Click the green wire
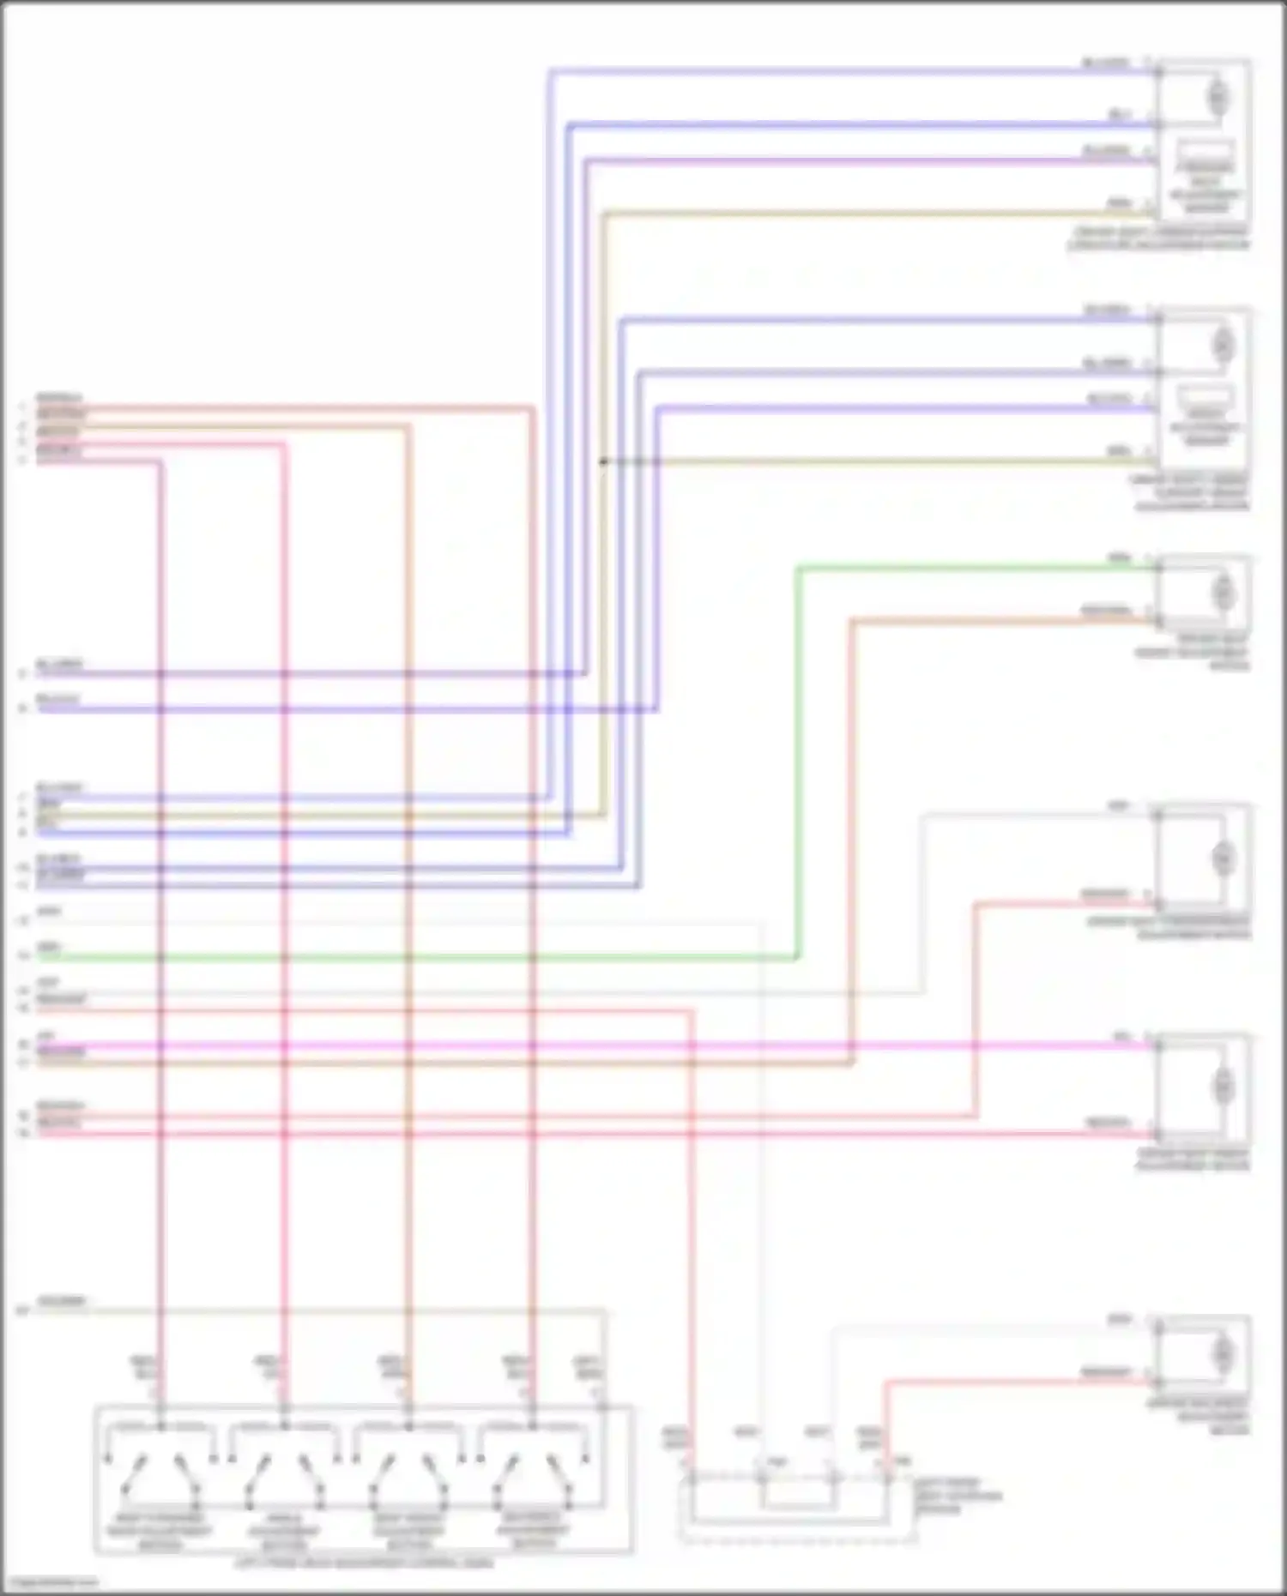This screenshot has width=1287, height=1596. pos(429,957)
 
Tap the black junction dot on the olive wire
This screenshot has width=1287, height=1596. pos(603,461)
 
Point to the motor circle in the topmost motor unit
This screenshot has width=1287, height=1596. pos(1218,97)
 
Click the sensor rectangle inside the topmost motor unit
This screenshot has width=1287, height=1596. pos(1205,151)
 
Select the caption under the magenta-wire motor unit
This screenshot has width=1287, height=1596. pos(1193,1160)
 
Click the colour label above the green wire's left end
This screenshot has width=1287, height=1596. pos(49,947)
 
